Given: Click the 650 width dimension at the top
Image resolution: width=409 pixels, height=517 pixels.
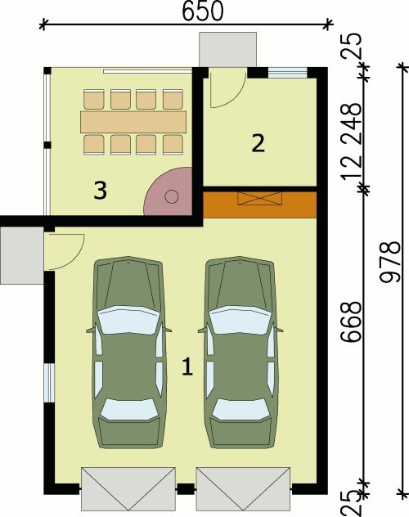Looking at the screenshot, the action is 203,11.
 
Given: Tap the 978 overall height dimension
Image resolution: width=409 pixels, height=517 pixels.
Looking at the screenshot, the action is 390,262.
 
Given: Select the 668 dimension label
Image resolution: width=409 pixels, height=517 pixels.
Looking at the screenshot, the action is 352,321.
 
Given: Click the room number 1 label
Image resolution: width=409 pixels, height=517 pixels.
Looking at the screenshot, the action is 187,367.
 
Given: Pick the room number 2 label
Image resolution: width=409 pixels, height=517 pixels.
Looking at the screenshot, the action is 258,143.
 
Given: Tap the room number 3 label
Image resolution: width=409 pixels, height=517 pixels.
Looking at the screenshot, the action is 100,191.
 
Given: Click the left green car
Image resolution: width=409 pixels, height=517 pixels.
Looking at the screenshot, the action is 128,352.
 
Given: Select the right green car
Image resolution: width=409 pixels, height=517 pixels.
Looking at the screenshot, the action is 240,352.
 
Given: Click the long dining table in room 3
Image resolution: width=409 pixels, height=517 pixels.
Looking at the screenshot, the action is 133,122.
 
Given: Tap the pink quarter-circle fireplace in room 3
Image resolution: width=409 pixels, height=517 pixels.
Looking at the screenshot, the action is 169,192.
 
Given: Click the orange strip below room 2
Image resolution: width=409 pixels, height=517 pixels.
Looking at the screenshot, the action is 259,205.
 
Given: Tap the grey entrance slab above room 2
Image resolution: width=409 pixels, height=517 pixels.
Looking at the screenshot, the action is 227,49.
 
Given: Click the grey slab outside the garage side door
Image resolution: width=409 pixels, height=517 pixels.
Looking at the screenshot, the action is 22,255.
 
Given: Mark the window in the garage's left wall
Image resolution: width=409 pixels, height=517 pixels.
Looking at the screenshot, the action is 49,383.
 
